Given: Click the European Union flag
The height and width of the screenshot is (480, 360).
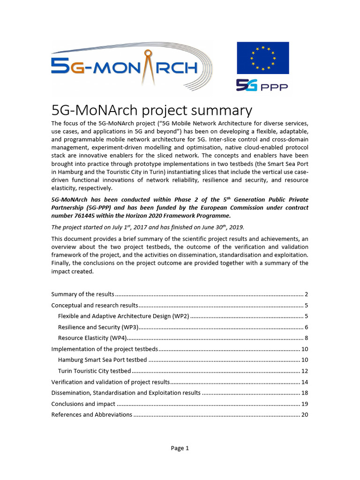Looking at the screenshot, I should point(262,58).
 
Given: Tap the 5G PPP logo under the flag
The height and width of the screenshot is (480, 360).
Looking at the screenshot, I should point(262,86).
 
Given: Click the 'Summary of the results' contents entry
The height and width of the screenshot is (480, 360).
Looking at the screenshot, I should point(82,294).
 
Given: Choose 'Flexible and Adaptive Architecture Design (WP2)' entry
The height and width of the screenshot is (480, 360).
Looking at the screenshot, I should point(123,316).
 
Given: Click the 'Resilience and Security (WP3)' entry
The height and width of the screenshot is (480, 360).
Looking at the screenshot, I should point(98,327).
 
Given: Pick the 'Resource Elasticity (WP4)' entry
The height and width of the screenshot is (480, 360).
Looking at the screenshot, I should point(92,338).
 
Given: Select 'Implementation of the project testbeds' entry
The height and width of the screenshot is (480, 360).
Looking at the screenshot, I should point(105,349).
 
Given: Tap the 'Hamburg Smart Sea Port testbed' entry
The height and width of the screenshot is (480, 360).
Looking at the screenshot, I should point(103,360).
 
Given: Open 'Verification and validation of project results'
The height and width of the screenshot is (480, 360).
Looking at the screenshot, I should point(110,382).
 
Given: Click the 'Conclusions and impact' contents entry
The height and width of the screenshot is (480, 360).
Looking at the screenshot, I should point(83,404).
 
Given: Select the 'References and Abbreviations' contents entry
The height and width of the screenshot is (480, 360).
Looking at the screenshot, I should point(91,414).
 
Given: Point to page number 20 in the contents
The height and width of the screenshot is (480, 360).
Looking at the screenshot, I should point(304,414).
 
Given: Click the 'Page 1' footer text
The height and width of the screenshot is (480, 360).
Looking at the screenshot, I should point(180,448).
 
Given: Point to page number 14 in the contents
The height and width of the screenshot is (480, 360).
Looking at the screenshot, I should point(304,382).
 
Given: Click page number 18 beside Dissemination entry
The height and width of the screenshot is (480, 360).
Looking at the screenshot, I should point(304,393).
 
